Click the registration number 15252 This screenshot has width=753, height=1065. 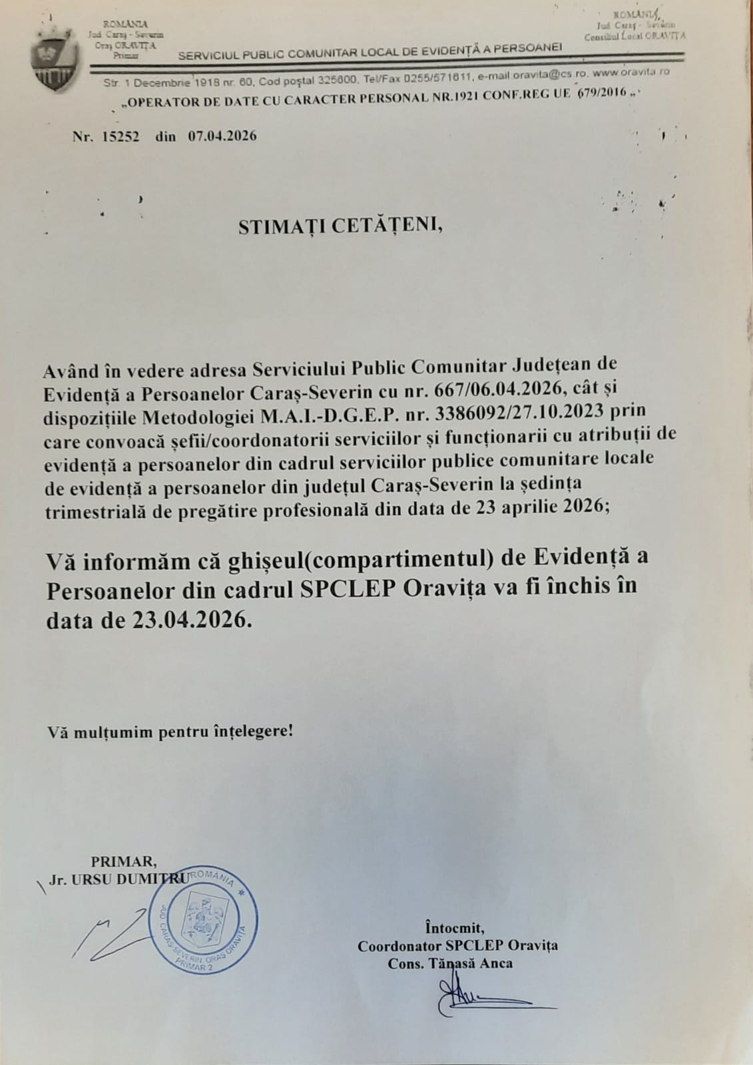[x=121, y=136]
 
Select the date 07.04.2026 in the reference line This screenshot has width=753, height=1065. [x=222, y=136]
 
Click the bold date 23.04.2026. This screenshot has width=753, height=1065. [x=192, y=620]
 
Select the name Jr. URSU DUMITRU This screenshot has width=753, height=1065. [x=119, y=879]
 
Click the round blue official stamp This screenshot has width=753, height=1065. [x=206, y=917]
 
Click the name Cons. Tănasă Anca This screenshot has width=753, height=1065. [x=450, y=962]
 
